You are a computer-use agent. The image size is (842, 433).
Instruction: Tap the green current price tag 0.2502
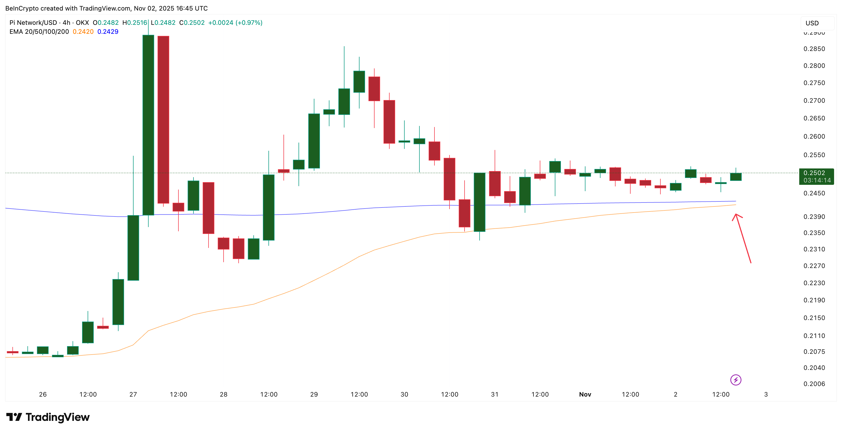tap(816, 176)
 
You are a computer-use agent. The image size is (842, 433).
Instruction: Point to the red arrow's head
tap(736, 215)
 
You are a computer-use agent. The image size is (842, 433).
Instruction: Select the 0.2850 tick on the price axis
tap(814, 49)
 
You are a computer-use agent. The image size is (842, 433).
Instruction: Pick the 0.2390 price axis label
tap(814, 216)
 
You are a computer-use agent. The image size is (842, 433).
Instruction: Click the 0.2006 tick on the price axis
tap(814, 384)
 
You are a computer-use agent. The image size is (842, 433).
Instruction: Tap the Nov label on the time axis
tap(585, 394)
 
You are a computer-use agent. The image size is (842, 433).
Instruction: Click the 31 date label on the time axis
tap(495, 394)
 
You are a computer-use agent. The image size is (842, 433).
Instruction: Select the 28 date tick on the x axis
tap(224, 394)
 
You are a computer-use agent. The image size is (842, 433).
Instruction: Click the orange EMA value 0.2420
tap(83, 32)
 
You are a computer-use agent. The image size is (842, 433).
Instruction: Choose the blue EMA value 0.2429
tap(108, 32)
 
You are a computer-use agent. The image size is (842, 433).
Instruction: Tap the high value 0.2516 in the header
tap(137, 22)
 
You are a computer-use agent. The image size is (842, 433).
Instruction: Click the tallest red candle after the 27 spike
tap(163, 119)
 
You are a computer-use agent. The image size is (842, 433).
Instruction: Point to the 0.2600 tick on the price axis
tap(814, 137)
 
